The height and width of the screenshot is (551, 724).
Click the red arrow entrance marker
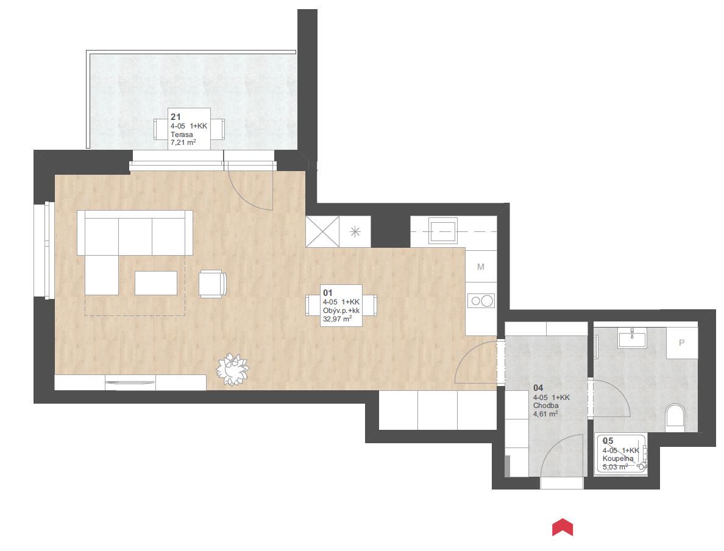pyautogui.click(x=563, y=527)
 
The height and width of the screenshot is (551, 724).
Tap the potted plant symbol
pyautogui.click(x=233, y=369)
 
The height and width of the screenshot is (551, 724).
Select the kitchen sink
pyautogui.click(x=443, y=231)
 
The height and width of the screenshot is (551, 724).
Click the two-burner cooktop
pyautogui.click(x=481, y=301)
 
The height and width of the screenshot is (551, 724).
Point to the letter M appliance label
pyautogui.click(x=481, y=267)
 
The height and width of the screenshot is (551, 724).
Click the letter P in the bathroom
pyautogui.click(x=681, y=343)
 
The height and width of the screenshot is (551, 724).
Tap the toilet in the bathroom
pyautogui.click(x=675, y=416)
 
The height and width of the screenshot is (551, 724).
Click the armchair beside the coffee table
pyautogui.click(x=213, y=283)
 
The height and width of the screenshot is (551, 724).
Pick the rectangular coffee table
pyautogui.click(x=156, y=283)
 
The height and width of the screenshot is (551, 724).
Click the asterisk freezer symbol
pyautogui.click(x=355, y=231)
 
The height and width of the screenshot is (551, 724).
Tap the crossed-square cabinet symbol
pyautogui.click(x=322, y=231)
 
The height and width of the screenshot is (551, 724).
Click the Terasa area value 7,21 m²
pyautogui.click(x=183, y=142)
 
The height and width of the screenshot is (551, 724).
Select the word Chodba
pyautogui.click(x=546, y=405)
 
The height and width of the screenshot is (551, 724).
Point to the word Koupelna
pyautogui.click(x=618, y=458)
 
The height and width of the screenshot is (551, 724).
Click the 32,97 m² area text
pyautogui.click(x=338, y=319)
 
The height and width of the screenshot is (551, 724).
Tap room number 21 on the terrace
pyautogui.click(x=176, y=118)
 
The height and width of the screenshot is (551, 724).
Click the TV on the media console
pyautogui.click(x=130, y=382)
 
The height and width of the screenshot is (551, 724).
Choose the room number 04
pyautogui.click(x=538, y=388)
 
